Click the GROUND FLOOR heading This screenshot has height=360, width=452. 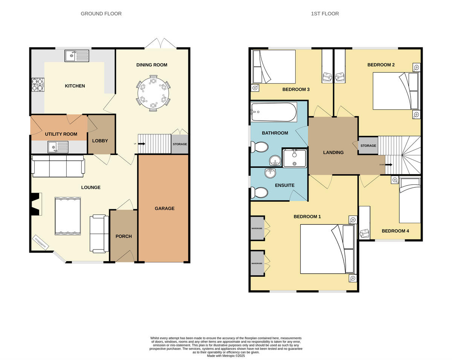pos(101,14)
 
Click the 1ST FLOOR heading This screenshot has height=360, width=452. pos(325,14)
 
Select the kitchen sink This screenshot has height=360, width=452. pos(77,56)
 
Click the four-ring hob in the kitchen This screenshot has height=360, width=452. pos(38,84)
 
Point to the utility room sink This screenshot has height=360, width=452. pos(58,147)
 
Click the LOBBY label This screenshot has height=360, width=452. pos(100,141)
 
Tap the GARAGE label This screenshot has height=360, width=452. pos(165,208)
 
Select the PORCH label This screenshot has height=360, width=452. pos(124,236)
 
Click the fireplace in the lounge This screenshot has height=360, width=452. pos(36,204)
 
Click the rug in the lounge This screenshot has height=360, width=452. pos(68,216)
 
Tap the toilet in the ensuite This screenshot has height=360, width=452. pos(260,193)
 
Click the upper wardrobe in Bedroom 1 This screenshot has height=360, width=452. pos(258,228)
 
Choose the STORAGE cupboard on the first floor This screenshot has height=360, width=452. pos(368,146)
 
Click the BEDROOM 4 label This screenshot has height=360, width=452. pos(395,231)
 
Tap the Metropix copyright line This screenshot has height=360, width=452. pos(226,355)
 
